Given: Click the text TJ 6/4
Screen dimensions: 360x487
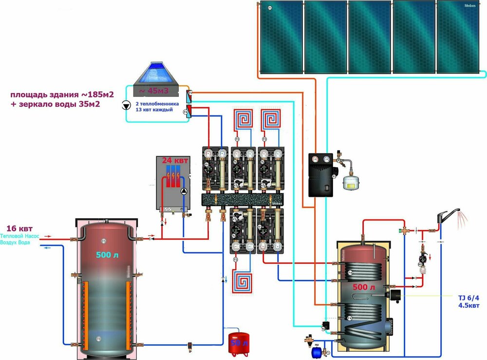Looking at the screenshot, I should (x=468, y=297).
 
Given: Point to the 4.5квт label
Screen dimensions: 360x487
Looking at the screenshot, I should (x=468, y=305).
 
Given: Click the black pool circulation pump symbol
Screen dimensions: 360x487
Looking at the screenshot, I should (x=126, y=104).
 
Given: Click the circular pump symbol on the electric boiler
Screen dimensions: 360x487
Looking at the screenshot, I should (x=185, y=192).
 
